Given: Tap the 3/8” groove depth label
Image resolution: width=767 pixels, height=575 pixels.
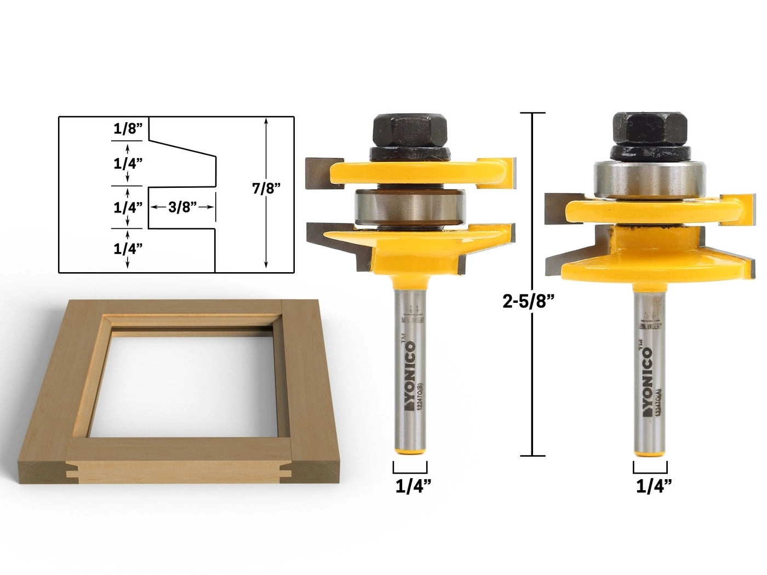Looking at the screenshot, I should (182, 207).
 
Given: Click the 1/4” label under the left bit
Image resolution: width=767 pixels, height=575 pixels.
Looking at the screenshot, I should (411, 486).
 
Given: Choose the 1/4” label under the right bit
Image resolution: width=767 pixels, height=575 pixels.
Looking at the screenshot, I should (650, 486).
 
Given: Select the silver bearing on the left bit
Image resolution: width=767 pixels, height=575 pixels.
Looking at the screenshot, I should (410, 208).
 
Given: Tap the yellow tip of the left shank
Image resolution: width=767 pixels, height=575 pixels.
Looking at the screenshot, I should (410, 448).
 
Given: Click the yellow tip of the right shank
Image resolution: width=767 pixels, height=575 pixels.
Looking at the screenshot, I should (650, 448).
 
